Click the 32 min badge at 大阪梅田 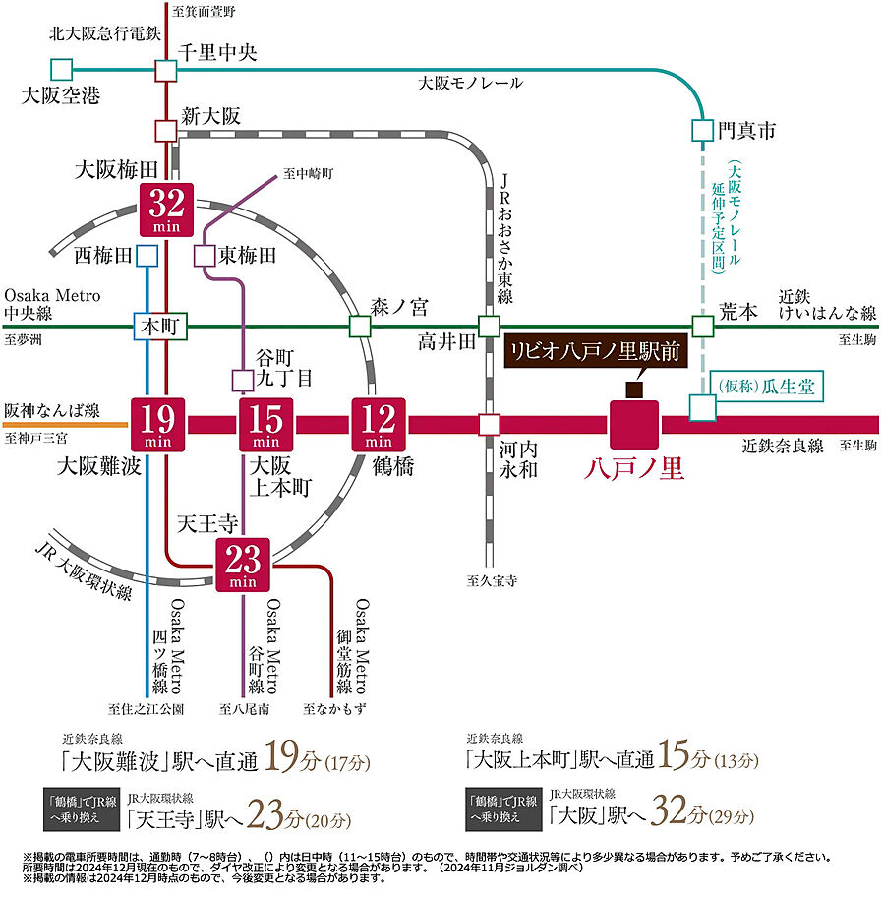166,209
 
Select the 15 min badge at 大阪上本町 266,425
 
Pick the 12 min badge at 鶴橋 379,425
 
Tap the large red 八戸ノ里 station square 634,425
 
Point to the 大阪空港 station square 62,70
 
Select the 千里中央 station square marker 165,70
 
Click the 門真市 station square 702,129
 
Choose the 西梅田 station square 147,256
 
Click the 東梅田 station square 205,256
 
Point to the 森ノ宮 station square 360,326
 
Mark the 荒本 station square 702,326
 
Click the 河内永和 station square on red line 489,425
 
